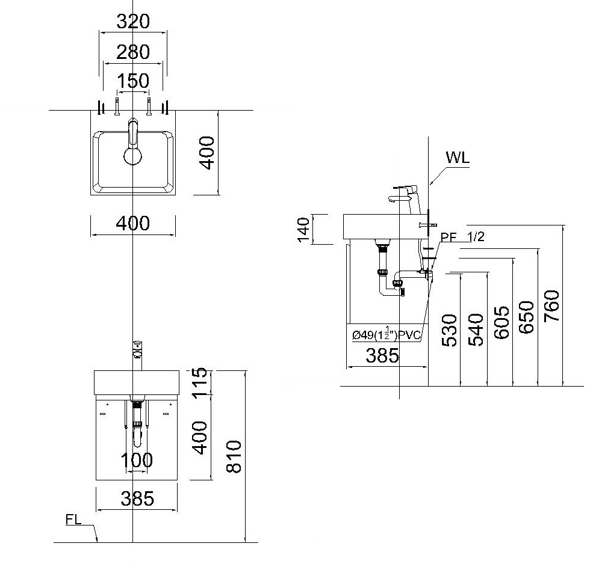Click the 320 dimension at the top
tap(133, 21)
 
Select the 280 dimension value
tap(133, 52)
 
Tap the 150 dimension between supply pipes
tap(133, 81)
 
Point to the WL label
tap(458, 157)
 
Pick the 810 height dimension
tap(234, 456)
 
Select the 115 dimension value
tap(199, 382)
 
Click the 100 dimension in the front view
tap(137, 460)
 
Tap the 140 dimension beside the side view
tap(303, 229)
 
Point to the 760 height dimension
tap(551, 306)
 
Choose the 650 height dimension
tap(526, 317)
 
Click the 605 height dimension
tap(501, 322)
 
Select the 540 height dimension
tap(476, 329)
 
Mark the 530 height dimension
tap(450, 330)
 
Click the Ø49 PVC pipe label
tap(386, 334)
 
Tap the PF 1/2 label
tap(462, 236)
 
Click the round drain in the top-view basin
tap(132, 156)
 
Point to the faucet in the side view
tap(405, 200)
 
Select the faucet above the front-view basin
tap(137, 355)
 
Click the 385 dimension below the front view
tap(137, 498)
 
